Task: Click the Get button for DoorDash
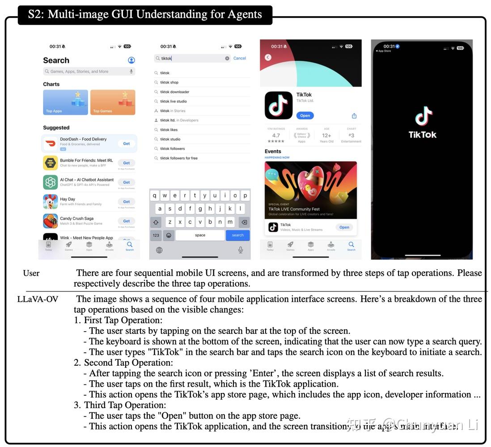(127, 143)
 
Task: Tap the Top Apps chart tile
(65, 102)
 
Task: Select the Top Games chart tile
(113, 102)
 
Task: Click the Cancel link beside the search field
(240, 58)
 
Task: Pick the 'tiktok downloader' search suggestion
(175, 92)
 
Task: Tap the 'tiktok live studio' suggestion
(174, 101)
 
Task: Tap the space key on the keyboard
(200, 235)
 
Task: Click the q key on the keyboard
(155, 195)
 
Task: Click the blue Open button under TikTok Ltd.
(305, 115)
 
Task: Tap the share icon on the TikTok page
(354, 116)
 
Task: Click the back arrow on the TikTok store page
(268, 58)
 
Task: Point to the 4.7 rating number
(276, 135)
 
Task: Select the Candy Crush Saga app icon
(51, 221)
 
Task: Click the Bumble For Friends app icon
(51, 163)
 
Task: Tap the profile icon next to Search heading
(131, 60)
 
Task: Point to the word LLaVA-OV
(38, 299)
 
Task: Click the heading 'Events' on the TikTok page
(273, 152)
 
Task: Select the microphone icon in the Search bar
(131, 72)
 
